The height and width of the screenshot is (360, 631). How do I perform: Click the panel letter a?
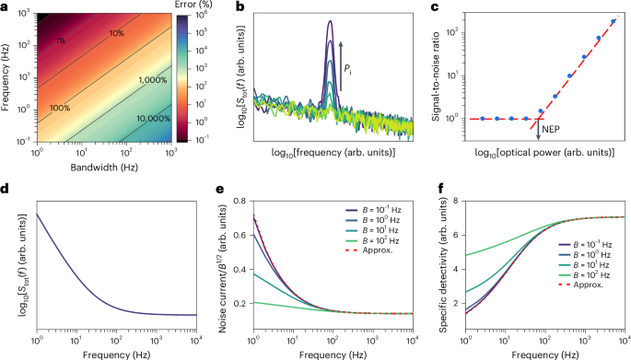click(6, 7)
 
